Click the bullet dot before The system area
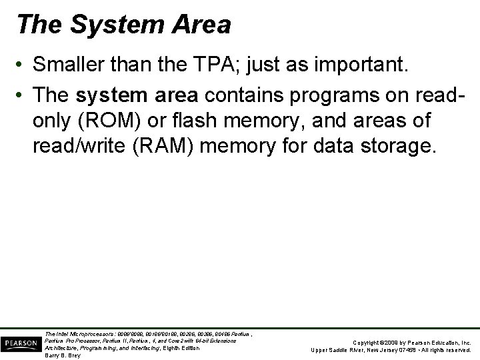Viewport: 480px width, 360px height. tap(23, 95)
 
